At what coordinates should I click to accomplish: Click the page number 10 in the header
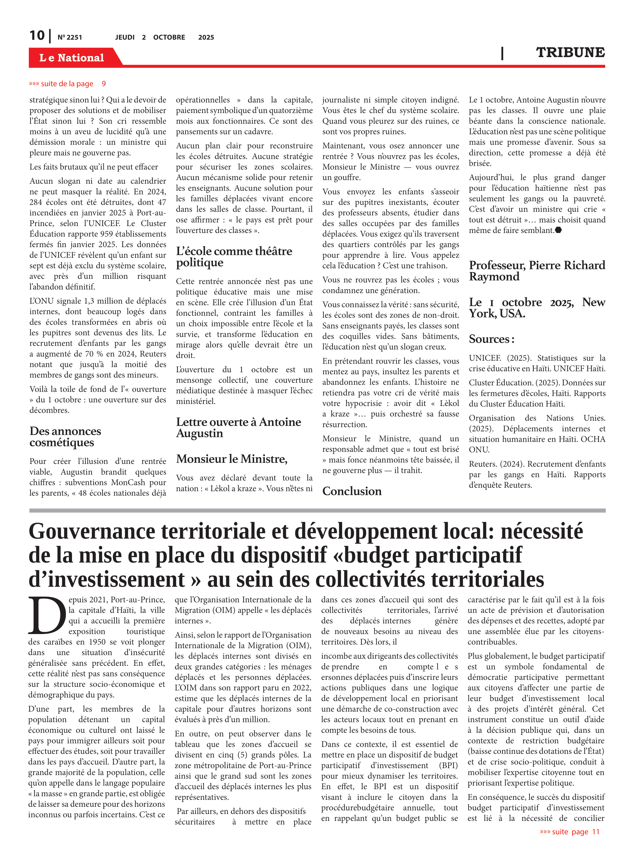[37, 35]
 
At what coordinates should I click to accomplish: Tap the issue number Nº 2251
[69, 37]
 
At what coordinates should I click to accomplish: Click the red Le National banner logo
[72, 58]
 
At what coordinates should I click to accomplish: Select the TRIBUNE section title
[570, 52]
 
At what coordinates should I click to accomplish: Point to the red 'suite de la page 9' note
[67, 84]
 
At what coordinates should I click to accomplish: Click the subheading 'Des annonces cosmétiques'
[65, 437]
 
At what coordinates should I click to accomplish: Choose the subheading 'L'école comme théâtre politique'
[234, 256]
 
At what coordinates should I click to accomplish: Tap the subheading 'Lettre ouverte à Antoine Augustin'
[238, 427]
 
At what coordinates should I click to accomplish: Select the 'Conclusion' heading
[352, 491]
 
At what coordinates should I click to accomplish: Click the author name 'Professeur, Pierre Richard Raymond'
[537, 271]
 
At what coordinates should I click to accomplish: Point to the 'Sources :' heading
[491, 339]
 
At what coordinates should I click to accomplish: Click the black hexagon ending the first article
[558, 230]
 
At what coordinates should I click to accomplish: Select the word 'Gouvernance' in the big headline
[92, 531]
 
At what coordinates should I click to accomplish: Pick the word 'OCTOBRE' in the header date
[169, 37]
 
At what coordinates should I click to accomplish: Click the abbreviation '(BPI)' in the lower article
[448, 765]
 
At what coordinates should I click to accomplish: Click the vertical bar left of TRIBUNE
[502, 53]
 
